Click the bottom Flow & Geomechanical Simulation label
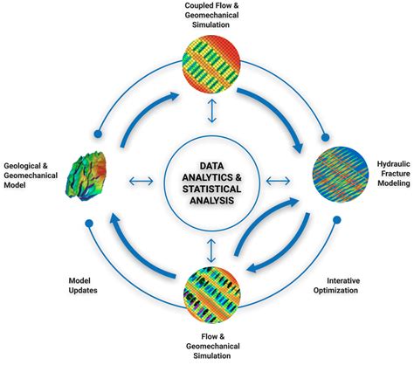coord(210,348)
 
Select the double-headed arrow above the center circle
coord(210,111)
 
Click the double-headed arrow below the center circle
coord(210,250)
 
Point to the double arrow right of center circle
coord(277,181)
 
